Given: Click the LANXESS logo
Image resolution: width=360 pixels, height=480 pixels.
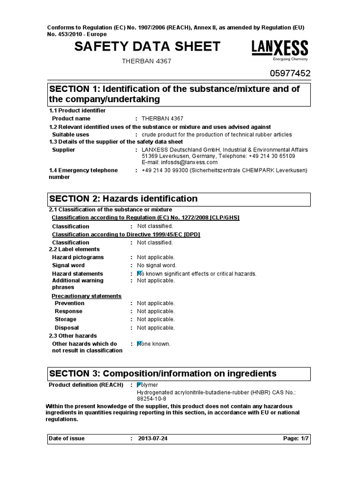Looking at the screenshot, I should coord(280,50).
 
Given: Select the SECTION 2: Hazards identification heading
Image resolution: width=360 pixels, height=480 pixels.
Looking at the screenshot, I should coord(123,199).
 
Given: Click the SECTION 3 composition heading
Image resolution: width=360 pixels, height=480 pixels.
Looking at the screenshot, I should coord(163,374).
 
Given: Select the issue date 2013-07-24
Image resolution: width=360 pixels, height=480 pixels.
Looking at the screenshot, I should coord(153,439).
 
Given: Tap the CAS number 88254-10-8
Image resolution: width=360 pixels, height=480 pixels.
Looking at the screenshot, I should coord(151,398).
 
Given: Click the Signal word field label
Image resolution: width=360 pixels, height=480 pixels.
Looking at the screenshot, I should coord(68,265).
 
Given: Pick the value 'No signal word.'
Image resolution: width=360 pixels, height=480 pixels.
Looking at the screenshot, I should coord(157,265).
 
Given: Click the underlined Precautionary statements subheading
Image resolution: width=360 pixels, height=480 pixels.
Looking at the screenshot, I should coord(86,296).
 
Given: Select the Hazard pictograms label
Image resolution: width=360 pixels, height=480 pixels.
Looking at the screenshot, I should coord(78,257).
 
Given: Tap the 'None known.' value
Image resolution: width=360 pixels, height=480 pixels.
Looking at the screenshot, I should coord(154,344).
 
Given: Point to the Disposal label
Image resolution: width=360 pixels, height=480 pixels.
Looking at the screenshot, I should coord(67,328).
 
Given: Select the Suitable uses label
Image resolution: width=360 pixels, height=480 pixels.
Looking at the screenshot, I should coord(70,135).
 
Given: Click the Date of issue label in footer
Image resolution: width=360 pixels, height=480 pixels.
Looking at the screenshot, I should coord(67,439).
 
